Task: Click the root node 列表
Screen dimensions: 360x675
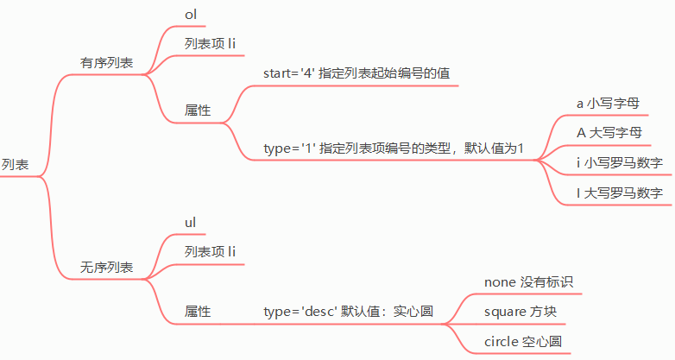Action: click(15, 164)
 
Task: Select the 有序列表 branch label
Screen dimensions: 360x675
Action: click(106, 63)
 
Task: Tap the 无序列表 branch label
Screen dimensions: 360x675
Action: click(106, 268)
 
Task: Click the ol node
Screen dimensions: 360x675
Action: click(191, 16)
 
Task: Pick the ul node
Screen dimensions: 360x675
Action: click(191, 223)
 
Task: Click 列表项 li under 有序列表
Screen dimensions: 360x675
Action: click(210, 44)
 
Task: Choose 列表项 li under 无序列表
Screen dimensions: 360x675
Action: click(210, 251)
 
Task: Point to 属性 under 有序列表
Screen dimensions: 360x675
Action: click(198, 111)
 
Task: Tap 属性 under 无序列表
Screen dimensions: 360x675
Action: click(198, 311)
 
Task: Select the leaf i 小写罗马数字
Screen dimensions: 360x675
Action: click(619, 162)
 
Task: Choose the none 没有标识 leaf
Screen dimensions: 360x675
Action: click(528, 281)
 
